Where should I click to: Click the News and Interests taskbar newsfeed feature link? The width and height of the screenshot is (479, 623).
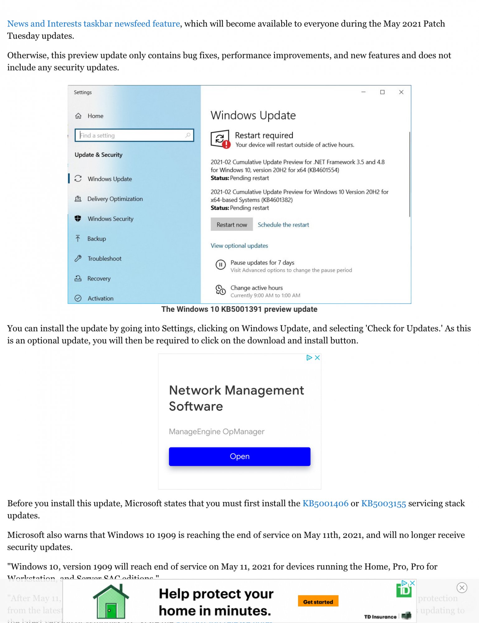[x=93, y=24]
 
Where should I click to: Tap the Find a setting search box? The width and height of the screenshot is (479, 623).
[x=134, y=135]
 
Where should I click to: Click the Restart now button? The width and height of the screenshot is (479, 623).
[x=232, y=225]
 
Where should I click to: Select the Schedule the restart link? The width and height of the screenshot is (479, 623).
[x=283, y=225]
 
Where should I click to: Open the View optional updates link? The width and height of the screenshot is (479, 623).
[x=239, y=246]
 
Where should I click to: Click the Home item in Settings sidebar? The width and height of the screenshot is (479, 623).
[x=95, y=116]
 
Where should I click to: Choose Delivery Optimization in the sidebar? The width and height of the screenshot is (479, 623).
[x=115, y=199]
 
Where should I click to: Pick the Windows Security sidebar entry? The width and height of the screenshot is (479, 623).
[x=110, y=219]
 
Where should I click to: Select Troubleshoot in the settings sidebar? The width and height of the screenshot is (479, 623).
[x=104, y=259]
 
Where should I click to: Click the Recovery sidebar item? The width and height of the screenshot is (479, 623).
[x=99, y=278]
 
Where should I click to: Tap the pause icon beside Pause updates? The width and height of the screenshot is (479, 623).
[x=221, y=265]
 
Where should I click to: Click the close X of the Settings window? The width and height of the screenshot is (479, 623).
[x=401, y=92]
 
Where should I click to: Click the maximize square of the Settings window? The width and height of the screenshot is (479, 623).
[x=382, y=92]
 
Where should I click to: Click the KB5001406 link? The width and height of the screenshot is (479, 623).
[x=325, y=503]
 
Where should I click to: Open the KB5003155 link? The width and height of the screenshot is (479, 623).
[x=383, y=503]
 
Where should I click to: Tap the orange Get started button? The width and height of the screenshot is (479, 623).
[x=318, y=602]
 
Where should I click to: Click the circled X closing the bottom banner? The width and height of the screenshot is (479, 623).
[x=462, y=587]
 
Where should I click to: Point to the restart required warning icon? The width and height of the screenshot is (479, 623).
[x=220, y=139]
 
